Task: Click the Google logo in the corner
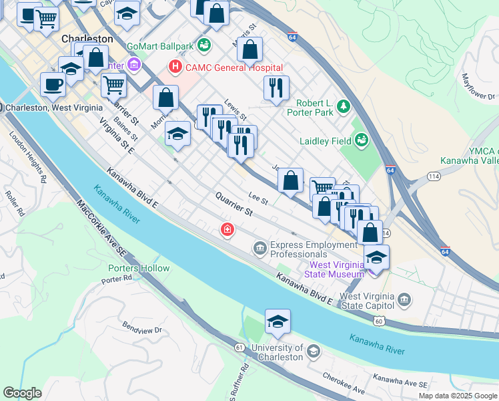click(23, 393)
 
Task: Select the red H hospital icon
click(175, 67)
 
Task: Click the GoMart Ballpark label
click(159, 46)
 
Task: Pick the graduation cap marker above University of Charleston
click(278, 323)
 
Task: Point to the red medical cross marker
click(227, 230)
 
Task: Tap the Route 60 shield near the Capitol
click(379, 321)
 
